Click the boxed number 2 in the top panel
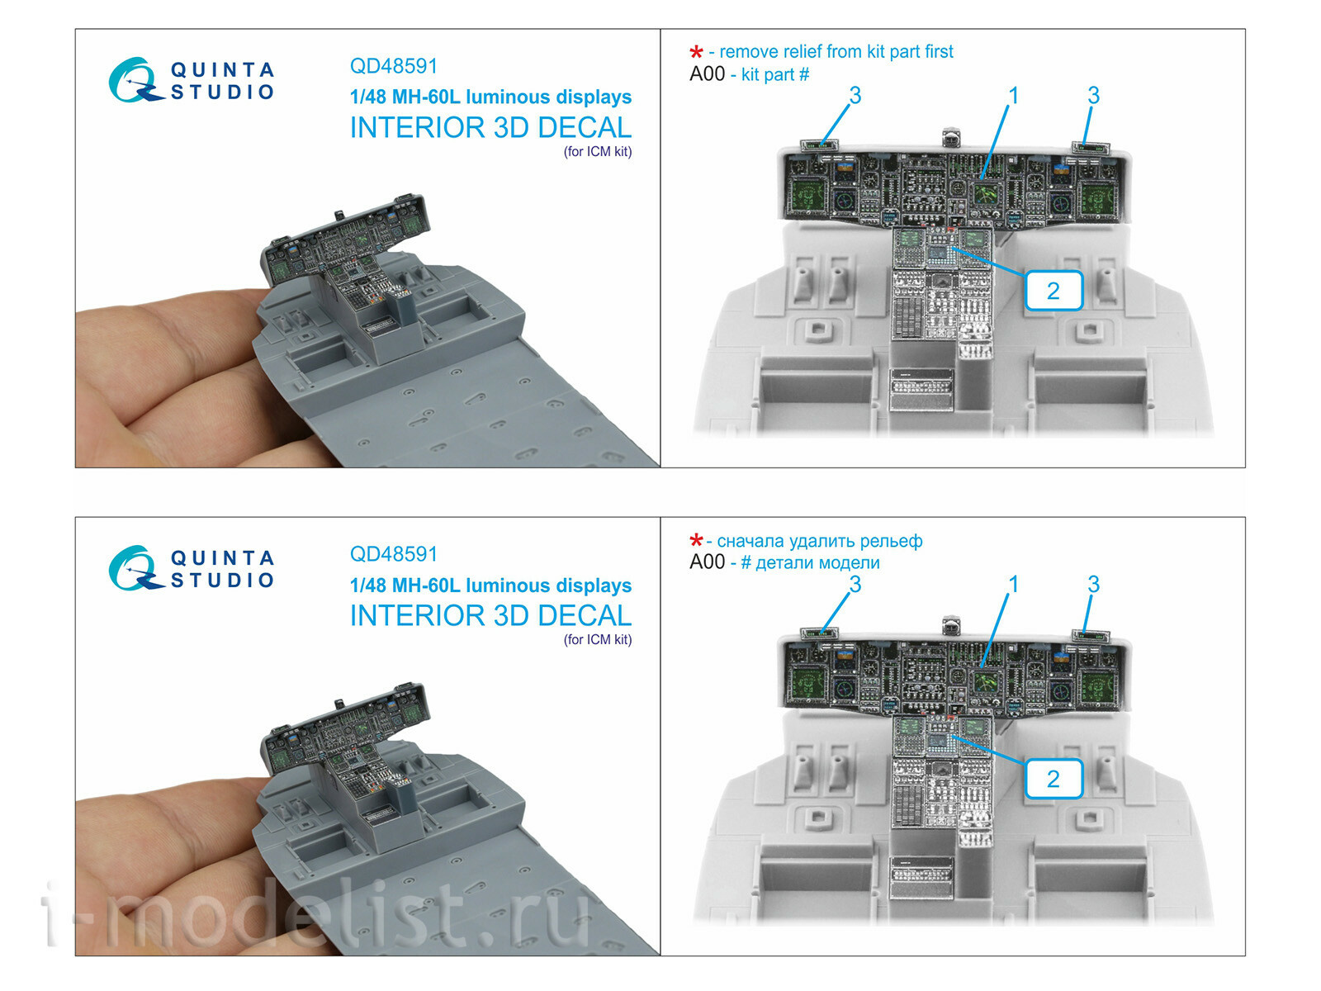point(1053,291)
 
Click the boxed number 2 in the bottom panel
point(1053,779)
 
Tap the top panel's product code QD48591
point(393,66)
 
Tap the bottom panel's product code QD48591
point(393,554)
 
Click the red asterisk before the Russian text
point(696,542)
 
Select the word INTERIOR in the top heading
point(417,128)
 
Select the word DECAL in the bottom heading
point(584,616)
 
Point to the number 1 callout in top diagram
point(1013,96)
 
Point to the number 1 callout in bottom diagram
point(1013,584)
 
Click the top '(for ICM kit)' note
point(598,152)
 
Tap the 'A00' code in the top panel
point(707,74)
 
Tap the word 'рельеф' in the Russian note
point(891,541)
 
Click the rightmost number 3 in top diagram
point(1093,96)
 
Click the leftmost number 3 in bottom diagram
point(855,584)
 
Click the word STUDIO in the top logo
point(222,92)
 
